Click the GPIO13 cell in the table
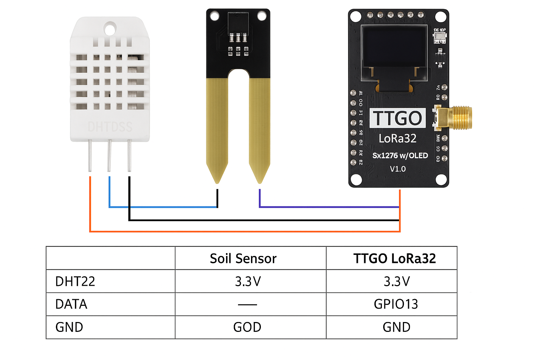[396, 304]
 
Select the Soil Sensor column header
[243, 258]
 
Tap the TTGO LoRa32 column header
[394, 258]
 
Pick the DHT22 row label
[75, 281]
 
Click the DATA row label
[71, 304]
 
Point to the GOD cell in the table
[247, 327]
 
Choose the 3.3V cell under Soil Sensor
[248, 281]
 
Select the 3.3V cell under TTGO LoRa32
[397, 281]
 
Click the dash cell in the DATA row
[247, 304]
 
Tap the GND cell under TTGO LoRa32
[397, 327]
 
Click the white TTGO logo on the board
[397, 118]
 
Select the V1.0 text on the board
[398, 169]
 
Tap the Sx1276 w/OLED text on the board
[400, 155]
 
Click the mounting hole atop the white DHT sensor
[110, 29]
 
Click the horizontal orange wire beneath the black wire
[246, 232]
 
